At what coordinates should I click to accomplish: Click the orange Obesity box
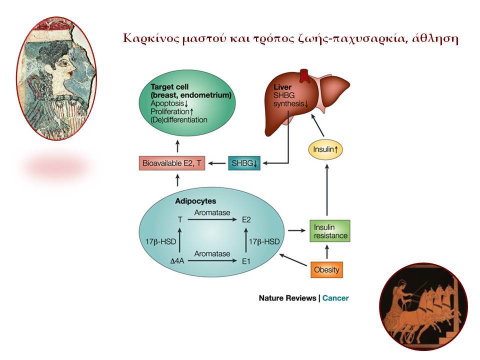point(326,269)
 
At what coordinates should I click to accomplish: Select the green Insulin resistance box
point(329,231)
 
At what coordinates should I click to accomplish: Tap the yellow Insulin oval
point(325,149)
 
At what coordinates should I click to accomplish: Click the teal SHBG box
point(244,163)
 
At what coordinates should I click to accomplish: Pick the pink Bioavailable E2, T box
point(172,163)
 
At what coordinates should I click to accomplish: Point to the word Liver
point(282,87)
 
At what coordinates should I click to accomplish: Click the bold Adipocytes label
point(195,201)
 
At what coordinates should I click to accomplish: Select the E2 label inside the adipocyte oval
point(246,220)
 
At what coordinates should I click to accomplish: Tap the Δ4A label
point(177,261)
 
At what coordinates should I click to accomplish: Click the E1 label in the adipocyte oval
point(246,261)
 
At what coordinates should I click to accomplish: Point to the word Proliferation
point(170,111)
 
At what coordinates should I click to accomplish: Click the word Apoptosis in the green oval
point(167,103)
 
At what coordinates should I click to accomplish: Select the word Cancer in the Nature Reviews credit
point(335,298)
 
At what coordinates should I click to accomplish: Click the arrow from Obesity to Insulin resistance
point(327,252)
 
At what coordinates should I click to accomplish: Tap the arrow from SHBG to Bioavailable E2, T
point(216,163)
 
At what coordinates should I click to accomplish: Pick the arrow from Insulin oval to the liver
point(317,125)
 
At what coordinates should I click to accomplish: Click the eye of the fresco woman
point(65,63)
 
